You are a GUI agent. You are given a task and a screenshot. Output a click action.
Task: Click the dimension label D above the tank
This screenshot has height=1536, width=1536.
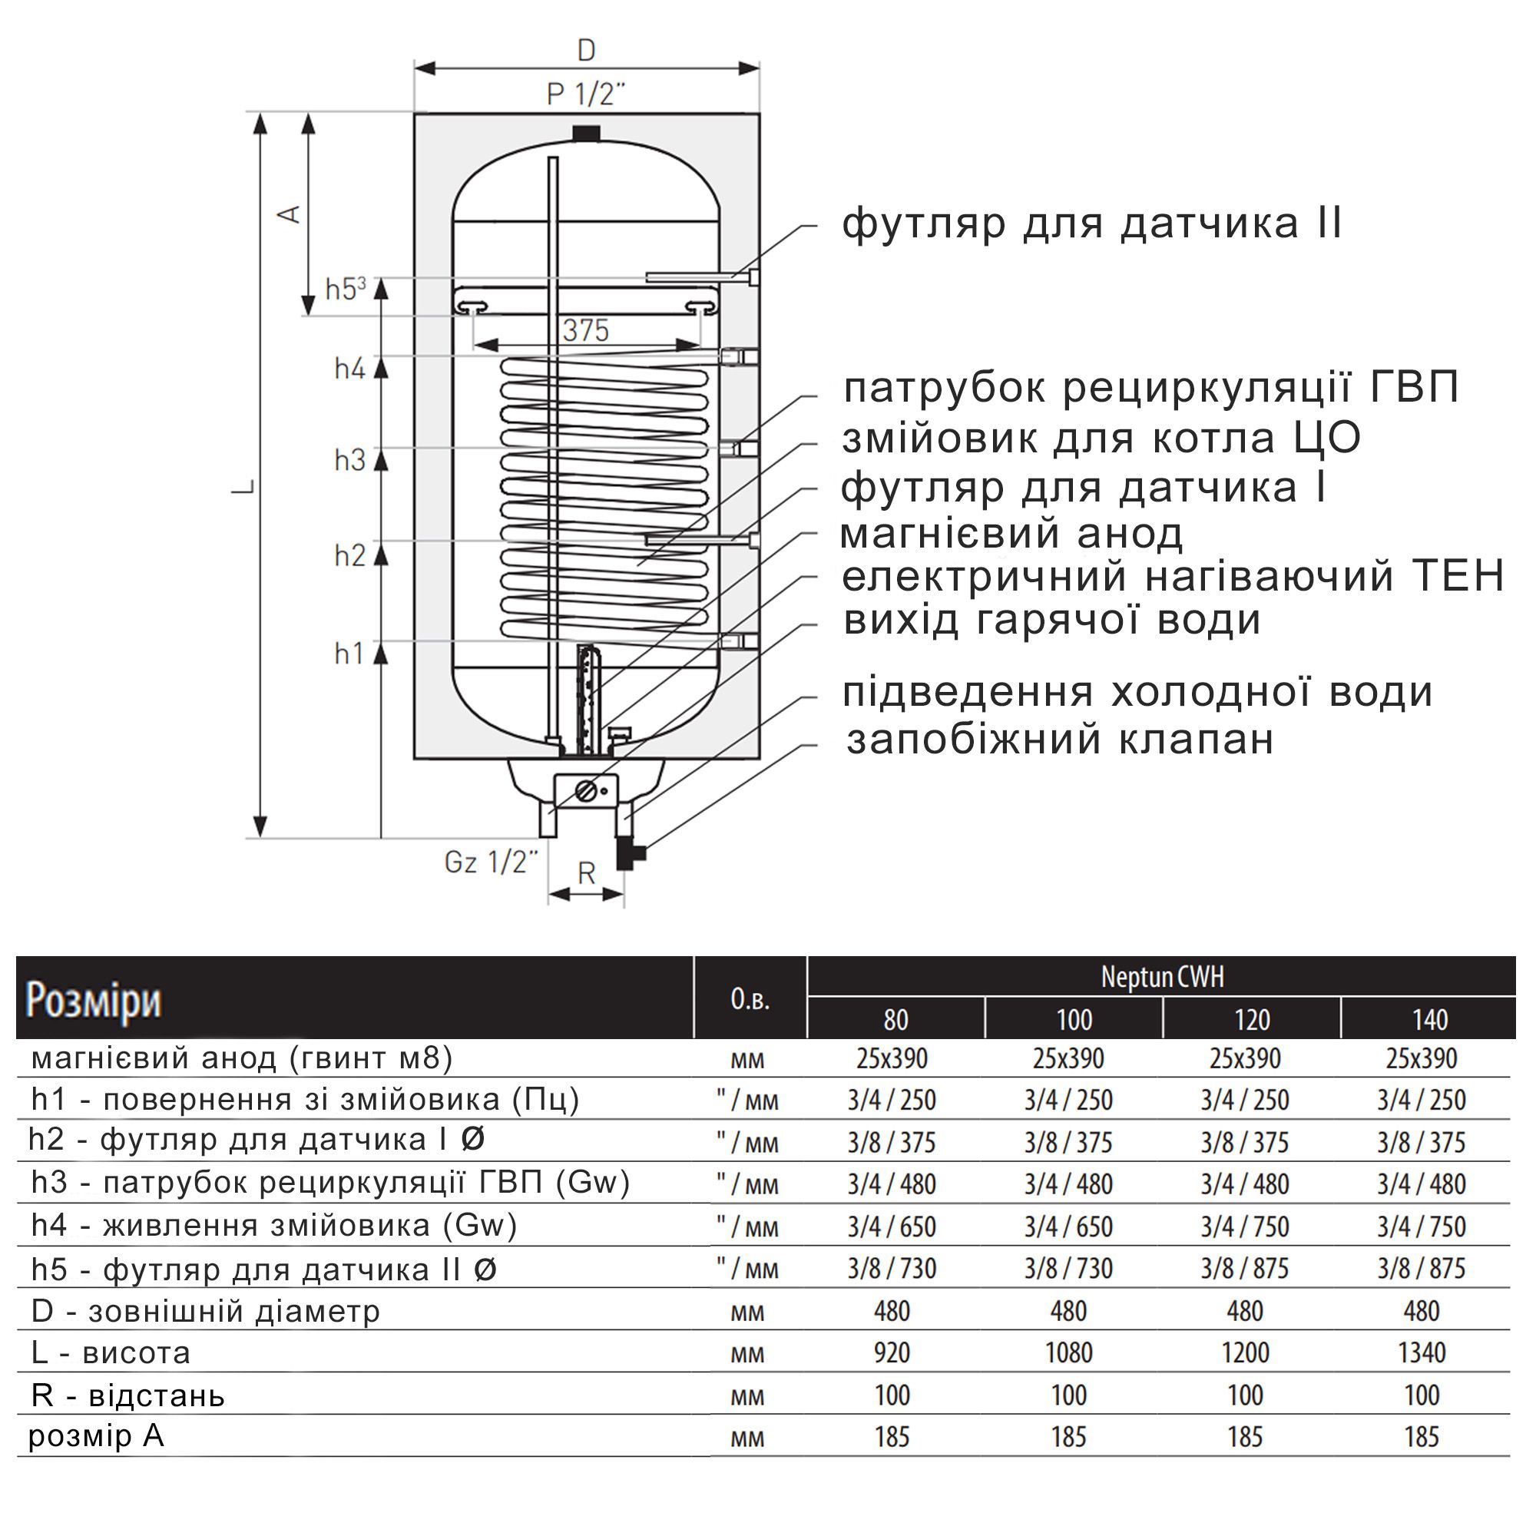click(x=586, y=50)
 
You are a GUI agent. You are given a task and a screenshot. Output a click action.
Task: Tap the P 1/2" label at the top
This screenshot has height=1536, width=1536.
click(x=586, y=94)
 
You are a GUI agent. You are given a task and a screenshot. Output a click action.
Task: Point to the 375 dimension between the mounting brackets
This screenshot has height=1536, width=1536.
click(x=586, y=330)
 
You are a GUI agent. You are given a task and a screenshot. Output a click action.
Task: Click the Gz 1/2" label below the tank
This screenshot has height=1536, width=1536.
click(x=492, y=862)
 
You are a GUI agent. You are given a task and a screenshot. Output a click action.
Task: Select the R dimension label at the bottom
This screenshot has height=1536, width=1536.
click(x=586, y=874)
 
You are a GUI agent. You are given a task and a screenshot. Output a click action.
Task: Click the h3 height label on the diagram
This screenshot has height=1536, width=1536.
click(x=349, y=460)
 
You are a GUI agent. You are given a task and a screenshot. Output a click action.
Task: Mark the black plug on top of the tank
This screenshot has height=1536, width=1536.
click(x=586, y=133)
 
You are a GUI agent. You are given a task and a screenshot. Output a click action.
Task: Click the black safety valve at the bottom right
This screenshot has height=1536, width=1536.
click(x=630, y=855)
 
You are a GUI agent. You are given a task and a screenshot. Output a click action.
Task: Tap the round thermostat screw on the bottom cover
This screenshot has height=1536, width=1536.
click(x=586, y=790)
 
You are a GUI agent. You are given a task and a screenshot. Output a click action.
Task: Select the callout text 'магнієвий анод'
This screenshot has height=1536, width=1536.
click(x=1011, y=535)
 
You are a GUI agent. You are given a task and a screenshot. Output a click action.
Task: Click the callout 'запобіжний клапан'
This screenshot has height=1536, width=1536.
click(x=1060, y=740)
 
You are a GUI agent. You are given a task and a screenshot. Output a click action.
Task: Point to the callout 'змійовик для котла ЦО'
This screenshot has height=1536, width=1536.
click(x=1101, y=439)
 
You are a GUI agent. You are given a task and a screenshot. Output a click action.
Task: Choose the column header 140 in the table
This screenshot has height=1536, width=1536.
click(x=1428, y=1020)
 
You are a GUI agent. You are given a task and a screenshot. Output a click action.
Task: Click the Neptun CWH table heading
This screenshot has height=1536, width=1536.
click(x=1161, y=977)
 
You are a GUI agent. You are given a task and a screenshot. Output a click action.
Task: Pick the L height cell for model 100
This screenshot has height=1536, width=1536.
click(x=1068, y=1352)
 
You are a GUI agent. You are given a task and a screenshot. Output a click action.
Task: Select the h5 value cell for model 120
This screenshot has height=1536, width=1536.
click(x=1245, y=1268)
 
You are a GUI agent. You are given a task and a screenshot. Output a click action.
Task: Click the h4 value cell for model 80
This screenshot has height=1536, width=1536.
click(x=891, y=1226)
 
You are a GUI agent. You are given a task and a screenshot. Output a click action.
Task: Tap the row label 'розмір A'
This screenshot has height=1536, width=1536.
click(x=96, y=1437)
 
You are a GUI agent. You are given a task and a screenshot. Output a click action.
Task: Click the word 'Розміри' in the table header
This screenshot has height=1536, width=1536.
click(x=94, y=1001)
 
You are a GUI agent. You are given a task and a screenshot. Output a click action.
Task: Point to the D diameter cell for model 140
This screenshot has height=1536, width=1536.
click(x=1422, y=1311)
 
